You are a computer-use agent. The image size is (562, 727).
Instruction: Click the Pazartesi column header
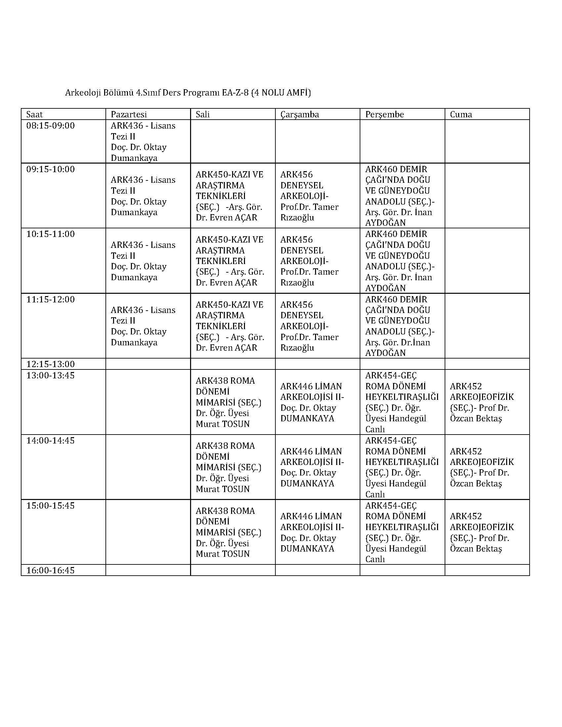[x=129, y=115]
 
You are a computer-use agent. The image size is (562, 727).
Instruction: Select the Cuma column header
[x=461, y=115]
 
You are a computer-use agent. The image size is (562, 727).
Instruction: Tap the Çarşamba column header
[x=299, y=115]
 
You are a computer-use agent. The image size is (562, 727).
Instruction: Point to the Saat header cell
[x=35, y=115]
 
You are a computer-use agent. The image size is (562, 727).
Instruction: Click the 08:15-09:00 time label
[x=51, y=126]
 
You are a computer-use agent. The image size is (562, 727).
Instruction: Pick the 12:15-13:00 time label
[x=51, y=364]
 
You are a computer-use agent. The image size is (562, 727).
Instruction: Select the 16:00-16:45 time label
[x=51, y=570]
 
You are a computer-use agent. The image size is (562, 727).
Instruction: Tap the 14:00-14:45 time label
[x=51, y=440]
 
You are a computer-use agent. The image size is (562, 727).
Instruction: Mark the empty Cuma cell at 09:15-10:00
[x=487, y=196]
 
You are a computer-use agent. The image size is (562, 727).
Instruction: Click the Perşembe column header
[x=384, y=115]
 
